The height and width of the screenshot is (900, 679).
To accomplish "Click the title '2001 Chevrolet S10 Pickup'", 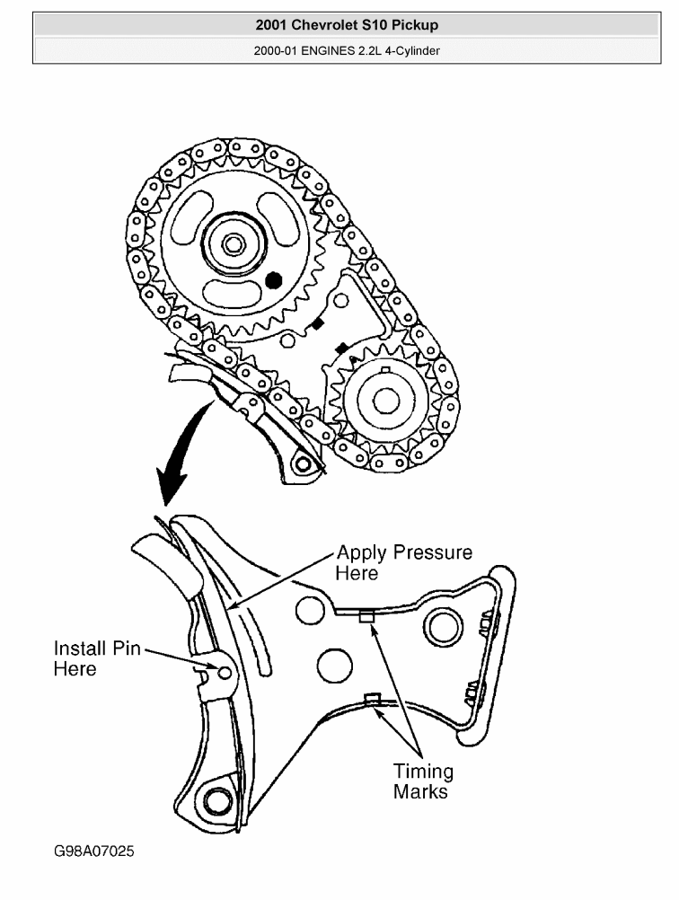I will pyautogui.click(x=347, y=25).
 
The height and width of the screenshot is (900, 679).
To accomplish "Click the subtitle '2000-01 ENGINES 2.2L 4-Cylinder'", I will pyautogui.click(x=347, y=49).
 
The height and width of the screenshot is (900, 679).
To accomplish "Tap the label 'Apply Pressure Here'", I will pyautogui.click(x=403, y=561).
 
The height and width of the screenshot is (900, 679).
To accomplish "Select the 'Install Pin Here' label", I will pyautogui.click(x=97, y=658).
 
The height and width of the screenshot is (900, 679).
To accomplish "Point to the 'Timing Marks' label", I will pyautogui.click(x=423, y=781).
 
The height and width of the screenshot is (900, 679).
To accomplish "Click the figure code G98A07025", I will pyautogui.click(x=94, y=850).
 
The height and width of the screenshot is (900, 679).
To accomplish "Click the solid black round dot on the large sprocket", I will pyautogui.click(x=275, y=281).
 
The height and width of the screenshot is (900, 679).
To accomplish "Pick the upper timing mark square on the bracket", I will pyautogui.click(x=365, y=616).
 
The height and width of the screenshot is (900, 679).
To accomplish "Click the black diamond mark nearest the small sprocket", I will pyautogui.click(x=340, y=348).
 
